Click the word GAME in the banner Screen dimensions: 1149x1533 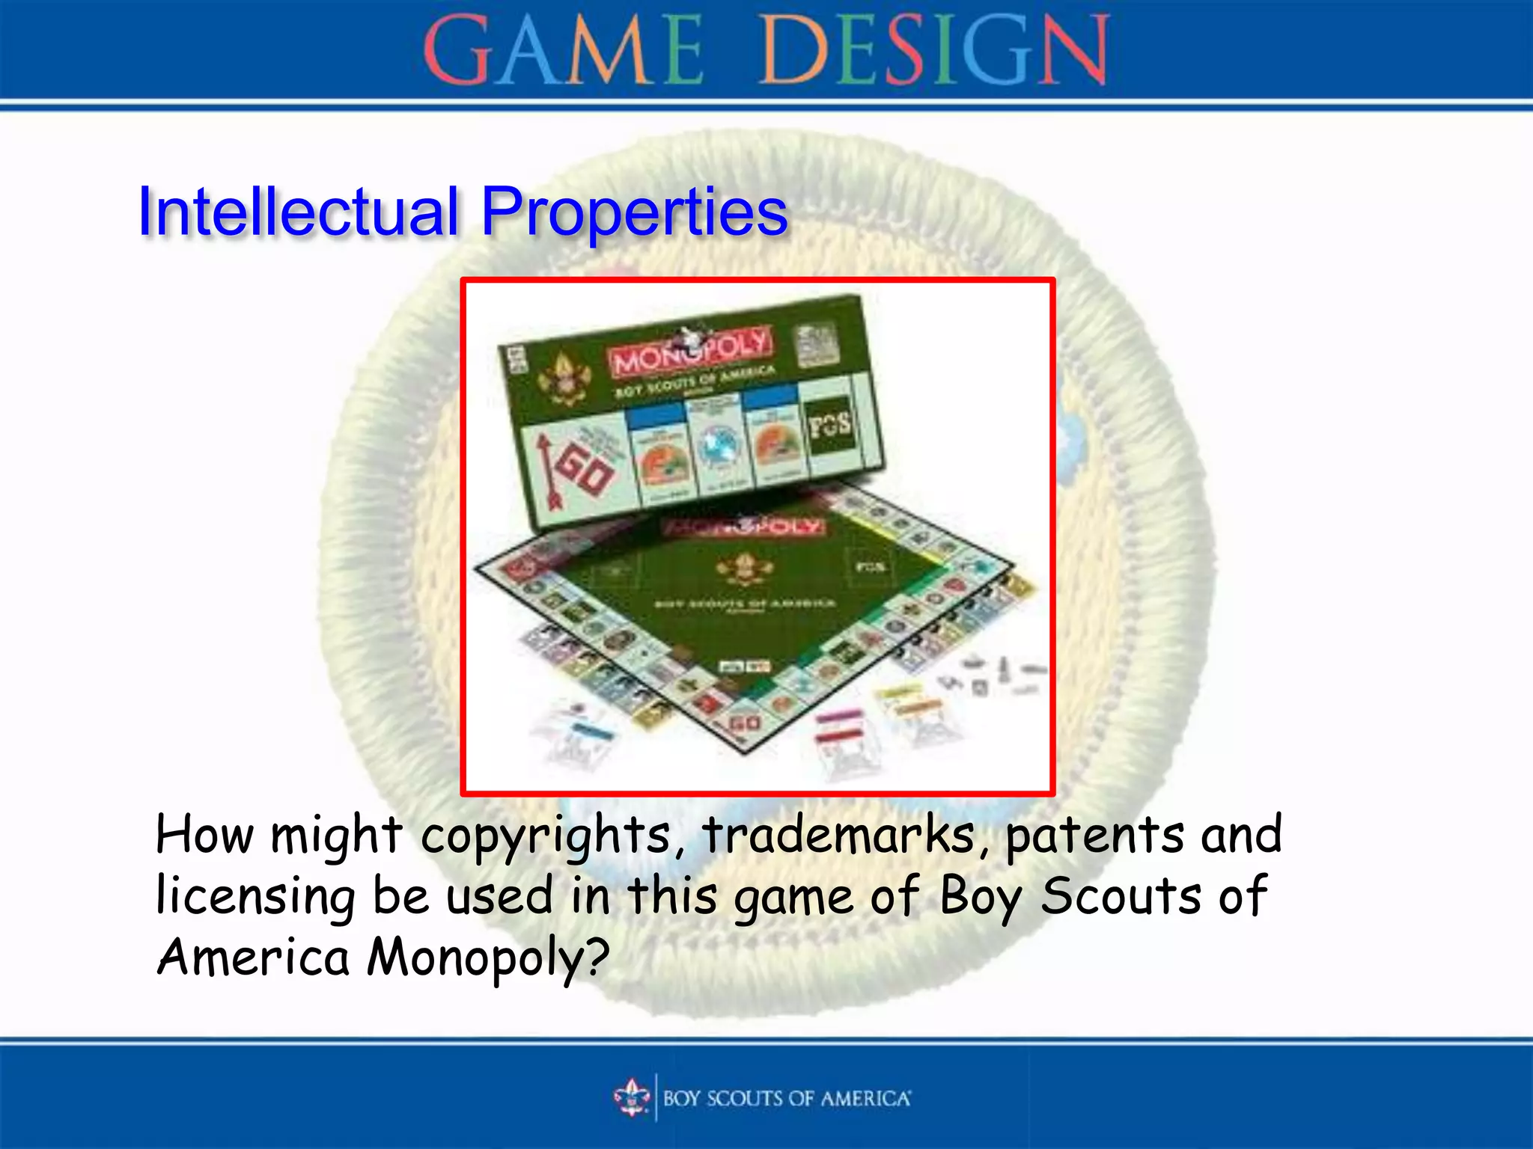[562, 51]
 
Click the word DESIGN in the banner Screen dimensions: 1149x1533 [934, 51]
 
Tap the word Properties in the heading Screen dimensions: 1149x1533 [634, 213]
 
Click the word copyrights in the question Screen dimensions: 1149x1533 [546, 836]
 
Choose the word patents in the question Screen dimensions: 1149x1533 [1094, 836]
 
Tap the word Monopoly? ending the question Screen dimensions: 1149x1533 [488, 958]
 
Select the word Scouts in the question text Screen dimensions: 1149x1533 [1121, 895]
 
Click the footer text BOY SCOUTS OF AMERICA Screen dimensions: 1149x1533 [787, 1098]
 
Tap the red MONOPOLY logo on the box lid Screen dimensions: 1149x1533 [689, 352]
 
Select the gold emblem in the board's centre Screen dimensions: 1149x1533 [743, 569]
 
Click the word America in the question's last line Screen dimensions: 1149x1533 [254, 958]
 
